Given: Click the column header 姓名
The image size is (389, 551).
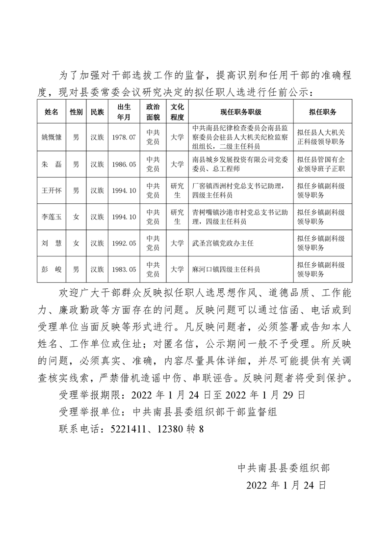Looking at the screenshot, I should pyautogui.click(x=52, y=112).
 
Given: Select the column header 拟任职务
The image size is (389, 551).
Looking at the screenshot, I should pyautogui.click(x=322, y=112).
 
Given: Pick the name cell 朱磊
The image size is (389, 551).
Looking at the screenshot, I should pyautogui.click(x=52, y=164).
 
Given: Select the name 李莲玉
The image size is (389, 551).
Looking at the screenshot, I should pyautogui.click(x=52, y=217).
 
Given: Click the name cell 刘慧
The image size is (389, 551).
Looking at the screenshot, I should pyautogui.click(x=52, y=243).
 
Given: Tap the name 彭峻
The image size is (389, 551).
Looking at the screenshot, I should pyautogui.click(x=52, y=269).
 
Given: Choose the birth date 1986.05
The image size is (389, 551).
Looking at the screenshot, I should pyautogui.click(x=123, y=164).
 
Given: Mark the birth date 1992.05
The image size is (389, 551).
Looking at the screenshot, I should pyautogui.click(x=123, y=243).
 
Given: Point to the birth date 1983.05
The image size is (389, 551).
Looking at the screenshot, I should pyautogui.click(x=123, y=269).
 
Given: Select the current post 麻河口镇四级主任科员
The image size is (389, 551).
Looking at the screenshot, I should pyautogui.click(x=226, y=269).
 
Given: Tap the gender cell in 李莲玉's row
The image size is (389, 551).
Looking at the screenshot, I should pyautogui.click(x=76, y=217).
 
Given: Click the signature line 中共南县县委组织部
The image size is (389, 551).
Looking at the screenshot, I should pyautogui.click(x=284, y=467).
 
